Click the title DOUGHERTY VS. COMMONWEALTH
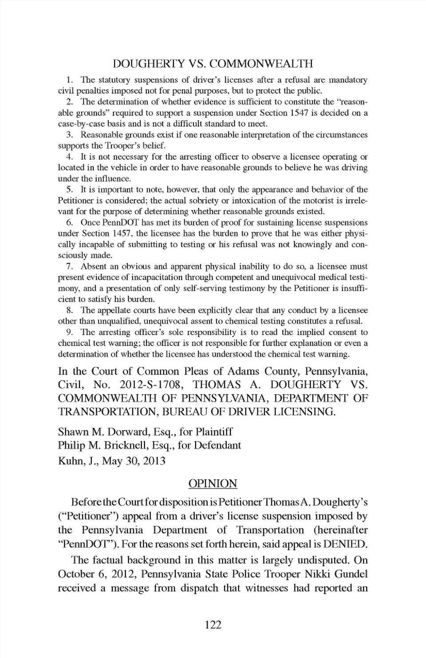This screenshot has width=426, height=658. pyautogui.click(x=213, y=64)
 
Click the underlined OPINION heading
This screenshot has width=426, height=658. pyautogui.click(x=213, y=483)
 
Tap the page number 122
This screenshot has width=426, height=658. pyautogui.click(x=213, y=625)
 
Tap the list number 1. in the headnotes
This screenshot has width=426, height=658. pyautogui.click(x=69, y=80)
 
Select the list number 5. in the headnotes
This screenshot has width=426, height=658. pyautogui.click(x=69, y=189)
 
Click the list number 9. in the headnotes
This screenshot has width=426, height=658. pyautogui.click(x=69, y=332)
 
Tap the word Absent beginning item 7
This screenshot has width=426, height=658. pyautogui.click(x=93, y=266)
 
